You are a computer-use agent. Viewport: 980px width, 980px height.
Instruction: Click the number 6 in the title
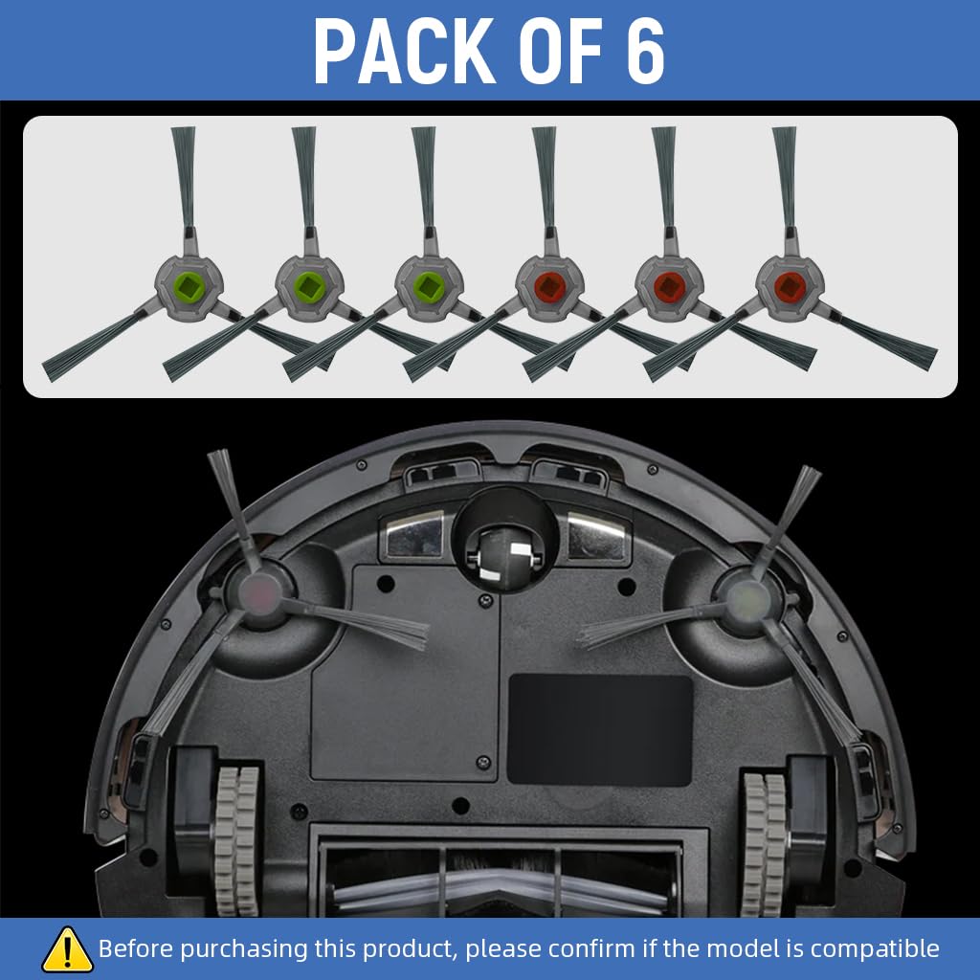(645, 52)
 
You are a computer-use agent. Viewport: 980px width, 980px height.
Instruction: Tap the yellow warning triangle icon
(67, 948)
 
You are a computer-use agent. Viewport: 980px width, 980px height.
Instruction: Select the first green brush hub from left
(189, 283)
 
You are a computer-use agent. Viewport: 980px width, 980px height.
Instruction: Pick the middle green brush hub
(308, 283)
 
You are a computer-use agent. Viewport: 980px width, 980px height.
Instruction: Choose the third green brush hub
(429, 283)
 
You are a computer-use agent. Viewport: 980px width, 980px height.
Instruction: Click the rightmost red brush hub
(789, 283)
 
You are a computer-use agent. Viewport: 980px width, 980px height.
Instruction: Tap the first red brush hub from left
(548, 283)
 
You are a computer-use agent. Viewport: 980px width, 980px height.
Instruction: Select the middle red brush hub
(669, 283)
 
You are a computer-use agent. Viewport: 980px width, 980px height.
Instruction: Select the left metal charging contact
(414, 534)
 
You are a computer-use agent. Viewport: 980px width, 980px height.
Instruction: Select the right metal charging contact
(598, 534)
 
